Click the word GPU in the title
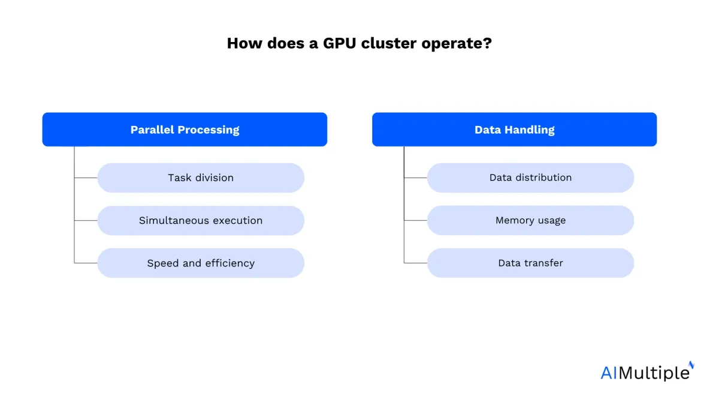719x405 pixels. coord(340,43)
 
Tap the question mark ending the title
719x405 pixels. coord(488,43)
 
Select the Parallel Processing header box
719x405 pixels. coord(185,130)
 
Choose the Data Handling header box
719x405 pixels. coord(514,130)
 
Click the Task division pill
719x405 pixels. coord(201,178)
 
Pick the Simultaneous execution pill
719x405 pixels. coord(201,221)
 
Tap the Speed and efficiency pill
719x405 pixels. coord(201,263)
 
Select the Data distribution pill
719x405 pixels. coord(530,178)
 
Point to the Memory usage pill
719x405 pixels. coord(530,221)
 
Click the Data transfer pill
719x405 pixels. coord(530,263)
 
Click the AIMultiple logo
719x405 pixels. coord(648,371)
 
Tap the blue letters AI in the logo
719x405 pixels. coord(609,373)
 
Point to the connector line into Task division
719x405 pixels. coord(86,178)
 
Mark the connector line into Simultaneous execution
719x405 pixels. coord(86,221)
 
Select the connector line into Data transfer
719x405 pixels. coord(415,263)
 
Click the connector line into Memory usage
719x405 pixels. coord(415,221)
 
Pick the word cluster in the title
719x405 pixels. coord(389,43)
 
